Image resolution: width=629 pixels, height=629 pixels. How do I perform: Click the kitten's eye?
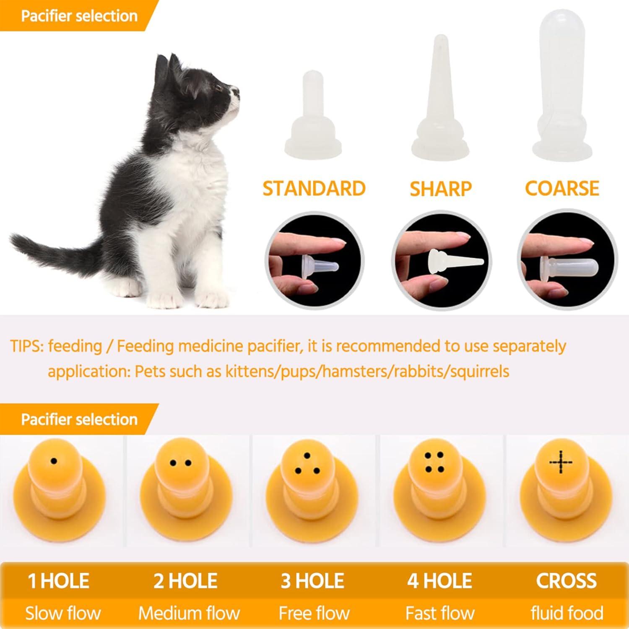pyautogui.click(x=218, y=88)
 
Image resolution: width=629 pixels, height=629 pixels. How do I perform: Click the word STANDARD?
pyautogui.click(x=314, y=189)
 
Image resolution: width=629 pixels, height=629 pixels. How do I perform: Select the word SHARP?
pyautogui.click(x=440, y=189)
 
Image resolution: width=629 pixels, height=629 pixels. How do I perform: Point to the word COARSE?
pyautogui.click(x=562, y=188)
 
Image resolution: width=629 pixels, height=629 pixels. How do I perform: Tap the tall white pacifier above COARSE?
pyautogui.click(x=562, y=84)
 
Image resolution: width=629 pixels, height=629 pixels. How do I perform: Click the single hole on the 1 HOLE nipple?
pyautogui.click(x=54, y=461)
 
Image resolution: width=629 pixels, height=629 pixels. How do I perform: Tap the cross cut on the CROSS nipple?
pyautogui.click(x=561, y=463)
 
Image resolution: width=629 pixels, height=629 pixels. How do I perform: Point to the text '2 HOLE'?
pyautogui.click(x=185, y=581)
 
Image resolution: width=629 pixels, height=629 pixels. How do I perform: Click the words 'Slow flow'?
pyautogui.click(x=63, y=613)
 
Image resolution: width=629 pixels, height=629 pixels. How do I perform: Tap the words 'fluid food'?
pyautogui.click(x=567, y=613)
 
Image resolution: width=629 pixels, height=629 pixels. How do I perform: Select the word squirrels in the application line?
pyautogui.click(x=480, y=372)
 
